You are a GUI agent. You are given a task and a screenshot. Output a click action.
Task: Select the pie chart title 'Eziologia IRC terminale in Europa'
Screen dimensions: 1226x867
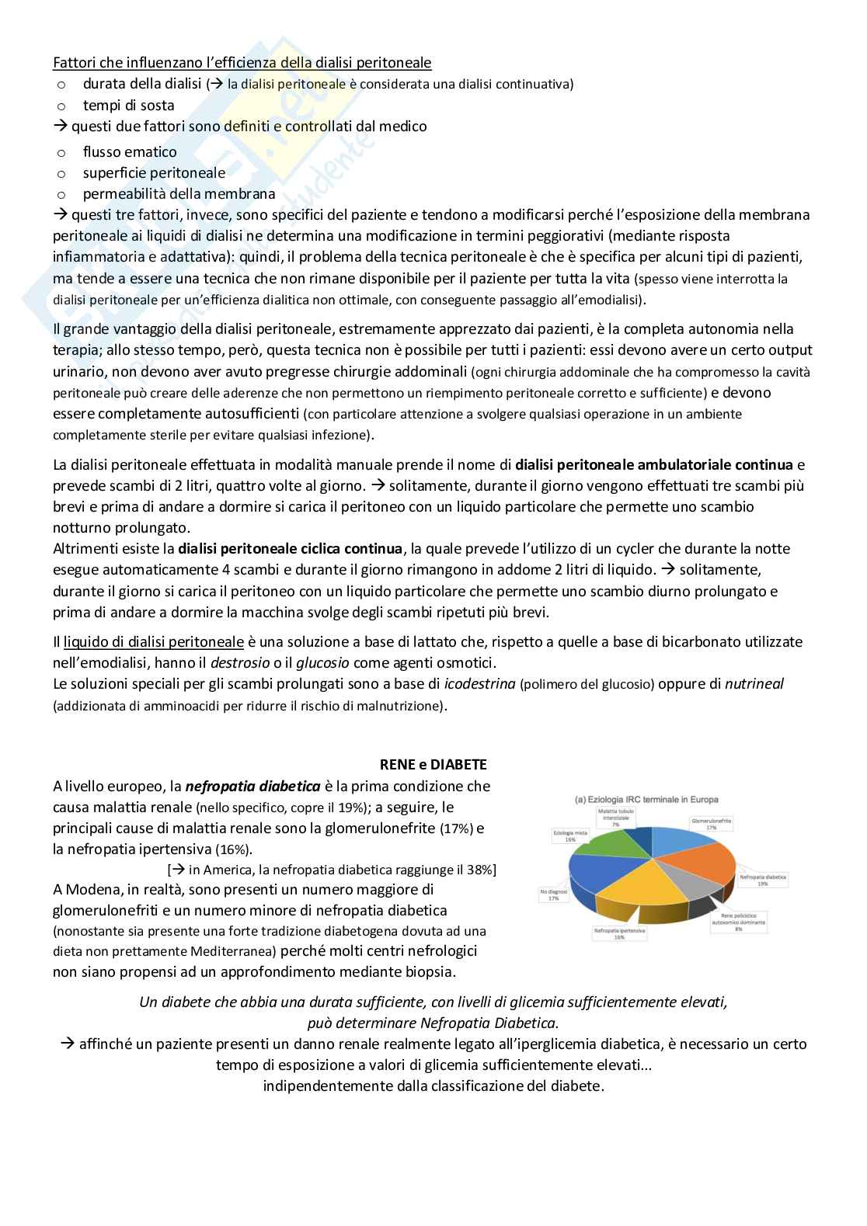(646, 799)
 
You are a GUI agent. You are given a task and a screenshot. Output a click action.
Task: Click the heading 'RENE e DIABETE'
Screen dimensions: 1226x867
(433, 765)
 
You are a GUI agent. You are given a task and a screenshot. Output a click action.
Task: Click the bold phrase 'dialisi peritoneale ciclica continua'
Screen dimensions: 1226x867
(290, 549)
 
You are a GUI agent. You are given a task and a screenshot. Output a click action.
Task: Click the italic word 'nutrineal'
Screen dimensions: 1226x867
(754, 684)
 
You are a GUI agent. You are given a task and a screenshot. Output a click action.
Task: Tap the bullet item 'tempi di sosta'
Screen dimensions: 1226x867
(128, 105)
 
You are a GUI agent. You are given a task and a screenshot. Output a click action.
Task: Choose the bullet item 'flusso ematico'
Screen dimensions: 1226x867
(130, 152)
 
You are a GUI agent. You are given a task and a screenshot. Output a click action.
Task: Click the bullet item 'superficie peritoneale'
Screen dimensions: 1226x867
(154, 173)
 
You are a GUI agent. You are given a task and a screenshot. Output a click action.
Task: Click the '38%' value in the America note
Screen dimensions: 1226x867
(481, 870)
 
